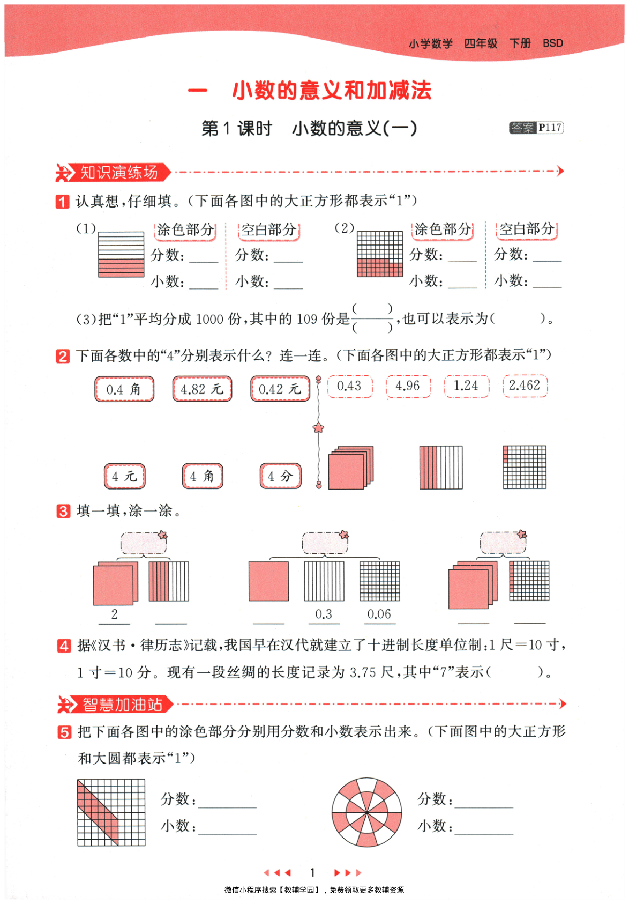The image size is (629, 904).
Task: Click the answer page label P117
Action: click(x=550, y=128)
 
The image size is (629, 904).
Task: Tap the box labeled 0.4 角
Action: click(x=124, y=389)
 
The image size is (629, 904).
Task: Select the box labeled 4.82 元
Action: click(x=202, y=389)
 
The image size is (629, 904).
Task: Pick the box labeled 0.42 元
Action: click(x=280, y=389)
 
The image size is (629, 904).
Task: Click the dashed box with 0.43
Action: click(x=349, y=386)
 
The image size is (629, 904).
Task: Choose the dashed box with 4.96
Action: click(x=408, y=386)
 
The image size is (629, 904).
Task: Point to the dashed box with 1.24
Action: click(x=466, y=386)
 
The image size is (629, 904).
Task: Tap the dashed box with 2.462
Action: click(x=525, y=386)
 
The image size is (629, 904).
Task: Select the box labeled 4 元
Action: click(x=124, y=476)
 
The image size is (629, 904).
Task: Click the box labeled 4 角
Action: click(x=202, y=476)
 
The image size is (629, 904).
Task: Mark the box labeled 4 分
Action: click(x=280, y=476)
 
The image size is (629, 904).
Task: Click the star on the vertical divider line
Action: click(x=319, y=428)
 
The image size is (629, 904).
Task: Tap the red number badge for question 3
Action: click(x=63, y=511)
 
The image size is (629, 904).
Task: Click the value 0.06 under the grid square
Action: click(x=379, y=614)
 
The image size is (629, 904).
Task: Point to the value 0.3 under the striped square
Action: click(x=324, y=614)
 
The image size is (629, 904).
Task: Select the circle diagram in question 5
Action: click(x=367, y=812)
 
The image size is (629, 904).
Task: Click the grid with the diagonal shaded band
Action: click(x=111, y=812)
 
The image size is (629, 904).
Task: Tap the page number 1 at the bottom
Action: click(x=313, y=872)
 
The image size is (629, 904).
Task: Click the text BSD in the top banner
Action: click(x=553, y=43)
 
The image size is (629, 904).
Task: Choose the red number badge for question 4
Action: click(x=64, y=646)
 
